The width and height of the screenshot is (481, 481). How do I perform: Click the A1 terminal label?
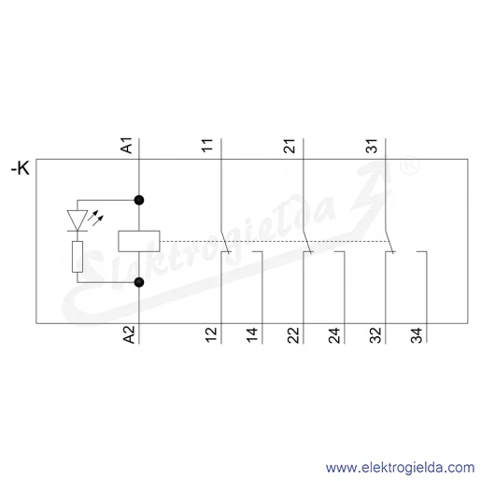127,146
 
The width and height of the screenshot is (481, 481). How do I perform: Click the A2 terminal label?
129,334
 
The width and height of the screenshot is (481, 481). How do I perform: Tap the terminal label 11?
207,146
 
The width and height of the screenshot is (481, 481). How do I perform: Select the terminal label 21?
290,146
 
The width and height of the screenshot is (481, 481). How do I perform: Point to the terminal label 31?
372,146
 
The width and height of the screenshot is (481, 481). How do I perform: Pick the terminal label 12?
211,335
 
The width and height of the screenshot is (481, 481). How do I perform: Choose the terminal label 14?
252,335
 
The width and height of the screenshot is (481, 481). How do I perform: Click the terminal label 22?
293,335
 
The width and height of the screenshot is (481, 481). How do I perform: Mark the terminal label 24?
334,335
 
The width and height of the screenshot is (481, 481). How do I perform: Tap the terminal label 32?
375,335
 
